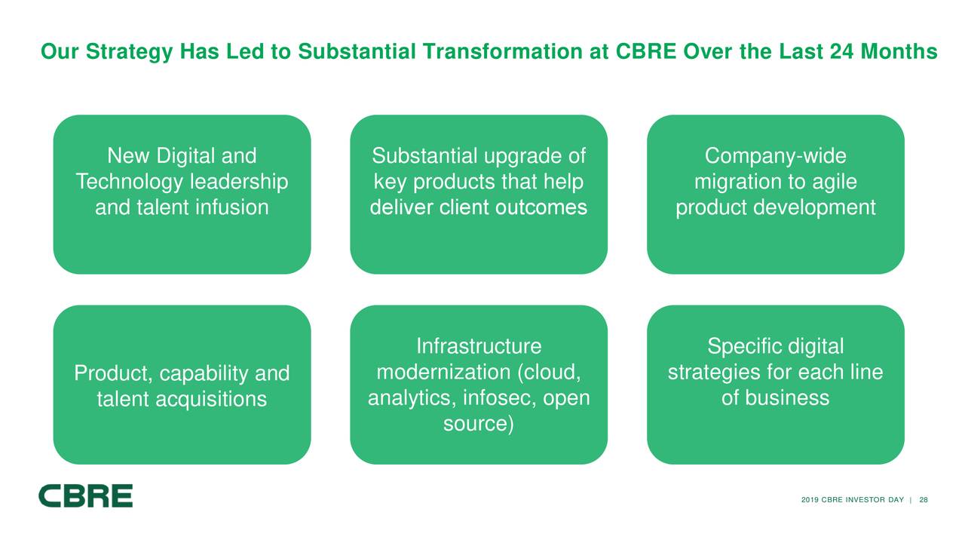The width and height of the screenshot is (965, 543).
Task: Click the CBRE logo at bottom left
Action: [85, 495]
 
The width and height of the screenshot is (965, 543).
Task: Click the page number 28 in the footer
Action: [924, 501]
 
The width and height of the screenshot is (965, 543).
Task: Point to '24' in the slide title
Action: [840, 53]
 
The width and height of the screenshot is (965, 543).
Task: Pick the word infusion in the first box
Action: [231, 207]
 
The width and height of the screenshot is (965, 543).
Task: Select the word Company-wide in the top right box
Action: [775, 157]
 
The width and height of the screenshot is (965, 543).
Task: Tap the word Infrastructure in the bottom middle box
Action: [479, 347]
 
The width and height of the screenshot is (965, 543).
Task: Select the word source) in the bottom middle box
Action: [479, 424]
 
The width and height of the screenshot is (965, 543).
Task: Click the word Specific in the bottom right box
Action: [744, 347]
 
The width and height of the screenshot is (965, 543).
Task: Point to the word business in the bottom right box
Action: [786, 397]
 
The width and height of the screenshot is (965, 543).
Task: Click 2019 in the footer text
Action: [810, 501]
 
